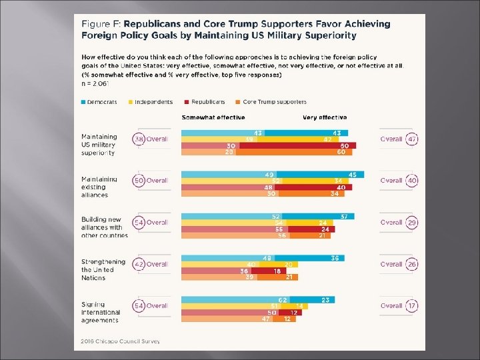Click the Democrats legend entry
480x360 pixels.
pyautogui.click(x=99, y=102)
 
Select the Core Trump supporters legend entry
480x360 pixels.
pyautogui.click(x=273, y=102)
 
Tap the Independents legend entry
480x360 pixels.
pyautogui.click(x=153, y=102)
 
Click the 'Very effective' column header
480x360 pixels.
pyautogui.click(x=325, y=117)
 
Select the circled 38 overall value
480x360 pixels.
pyautogui.click(x=139, y=139)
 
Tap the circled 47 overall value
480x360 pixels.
pyautogui.click(x=413, y=139)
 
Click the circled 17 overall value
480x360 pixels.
pyautogui.click(x=413, y=306)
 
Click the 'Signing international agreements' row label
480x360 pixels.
pyautogui.click(x=101, y=312)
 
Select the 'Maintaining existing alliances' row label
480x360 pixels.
pyautogui.click(x=99, y=187)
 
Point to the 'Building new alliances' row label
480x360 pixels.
pyautogui.click(x=104, y=227)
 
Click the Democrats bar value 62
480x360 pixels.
pyautogui.click(x=283, y=300)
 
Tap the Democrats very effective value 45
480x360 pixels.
pyautogui.click(x=352, y=175)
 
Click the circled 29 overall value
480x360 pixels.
pyautogui.click(x=413, y=222)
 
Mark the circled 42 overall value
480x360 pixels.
pyautogui.click(x=139, y=264)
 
